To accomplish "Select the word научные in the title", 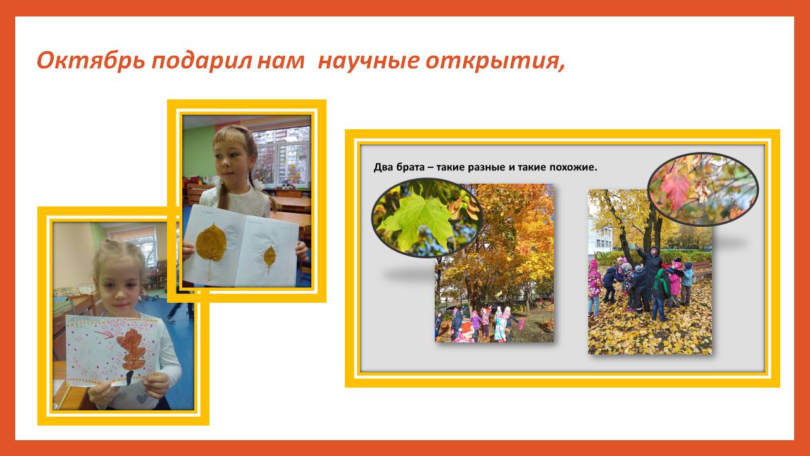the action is pyautogui.click(x=368, y=61).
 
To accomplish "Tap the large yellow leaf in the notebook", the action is pyautogui.click(x=211, y=243).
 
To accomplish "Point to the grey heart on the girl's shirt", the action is pyautogui.click(x=142, y=398).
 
